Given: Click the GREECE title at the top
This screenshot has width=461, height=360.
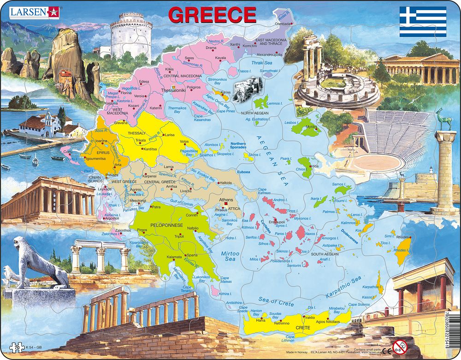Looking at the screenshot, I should coord(212,15).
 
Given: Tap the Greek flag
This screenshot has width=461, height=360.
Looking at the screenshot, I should coord(423,21).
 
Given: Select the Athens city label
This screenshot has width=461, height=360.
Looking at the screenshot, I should coord(226,200).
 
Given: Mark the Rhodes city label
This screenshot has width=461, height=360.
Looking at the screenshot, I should coord(403,237).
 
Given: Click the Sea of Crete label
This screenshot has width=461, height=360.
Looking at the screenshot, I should coord(276,301).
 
